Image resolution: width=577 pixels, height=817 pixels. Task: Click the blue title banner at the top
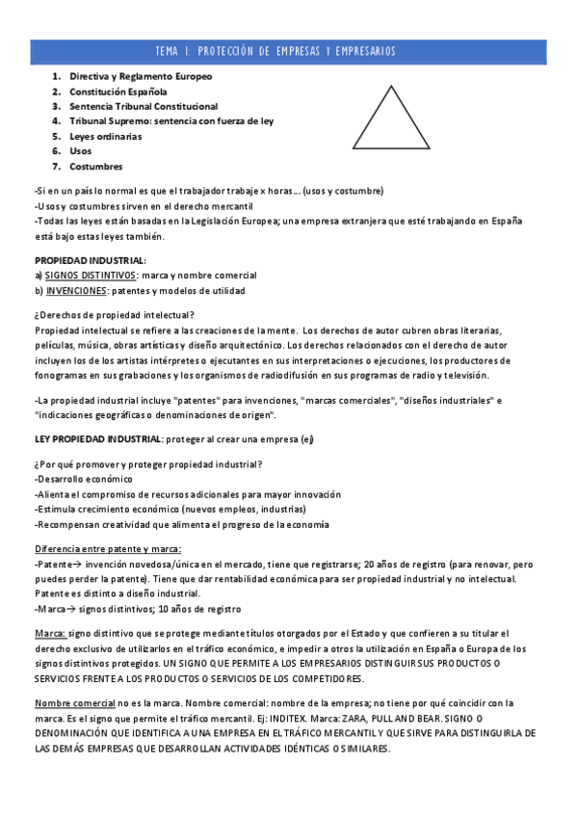(x=288, y=51)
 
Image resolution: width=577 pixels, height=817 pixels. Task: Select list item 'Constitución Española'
(x=118, y=91)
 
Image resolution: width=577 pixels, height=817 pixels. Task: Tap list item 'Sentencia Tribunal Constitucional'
(x=144, y=106)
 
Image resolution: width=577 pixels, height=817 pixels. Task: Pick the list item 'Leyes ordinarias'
(x=105, y=136)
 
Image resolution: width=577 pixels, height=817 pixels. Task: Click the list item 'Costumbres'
(x=95, y=167)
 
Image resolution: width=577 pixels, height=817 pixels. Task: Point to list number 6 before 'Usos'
(x=56, y=151)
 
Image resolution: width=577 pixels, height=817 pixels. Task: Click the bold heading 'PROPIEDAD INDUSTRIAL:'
(x=91, y=260)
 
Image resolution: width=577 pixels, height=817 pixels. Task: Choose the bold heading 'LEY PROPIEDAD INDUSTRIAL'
(x=97, y=439)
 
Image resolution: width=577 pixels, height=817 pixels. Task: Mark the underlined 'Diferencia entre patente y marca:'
(x=107, y=548)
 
